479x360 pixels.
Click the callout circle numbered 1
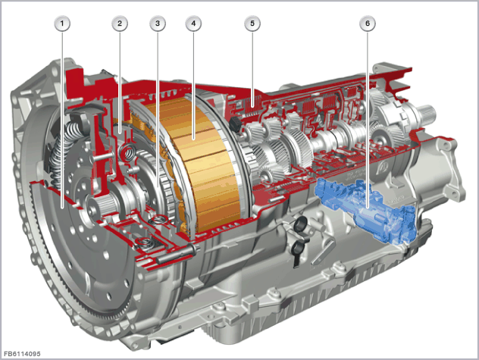click(x=62, y=23)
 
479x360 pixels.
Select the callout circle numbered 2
click(x=120, y=23)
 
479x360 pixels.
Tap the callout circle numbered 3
click(x=158, y=23)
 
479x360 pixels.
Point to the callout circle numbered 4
click(x=193, y=23)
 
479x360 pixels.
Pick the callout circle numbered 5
click(x=252, y=23)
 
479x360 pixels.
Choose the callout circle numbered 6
click(x=368, y=23)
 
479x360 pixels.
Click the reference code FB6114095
click(x=22, y=354)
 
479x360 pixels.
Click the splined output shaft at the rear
click(x=427, y=109)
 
